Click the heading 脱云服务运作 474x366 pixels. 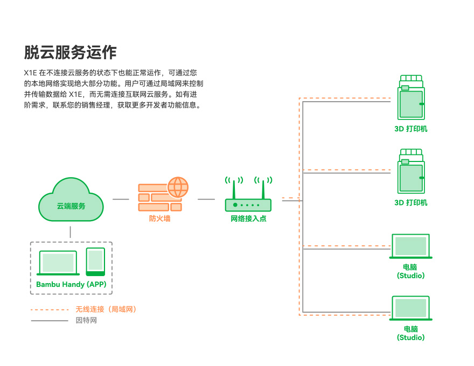[71, 53]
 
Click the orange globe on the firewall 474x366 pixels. [178, 187]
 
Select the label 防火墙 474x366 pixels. [159, 219]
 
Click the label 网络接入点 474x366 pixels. [248, 219]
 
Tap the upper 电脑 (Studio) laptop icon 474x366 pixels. [410, 247]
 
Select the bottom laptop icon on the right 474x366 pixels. [410, 308]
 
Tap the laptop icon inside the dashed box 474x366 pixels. [58, 263]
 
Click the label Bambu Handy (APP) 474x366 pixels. [71, 284]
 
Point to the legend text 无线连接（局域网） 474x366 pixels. [106, 309]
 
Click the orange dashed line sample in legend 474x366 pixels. [50, 309]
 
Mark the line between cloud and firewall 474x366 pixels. [121, 199]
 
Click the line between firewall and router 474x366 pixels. [206, 199]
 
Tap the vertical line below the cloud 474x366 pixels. [71, 232]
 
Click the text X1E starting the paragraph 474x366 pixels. [30, 72]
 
